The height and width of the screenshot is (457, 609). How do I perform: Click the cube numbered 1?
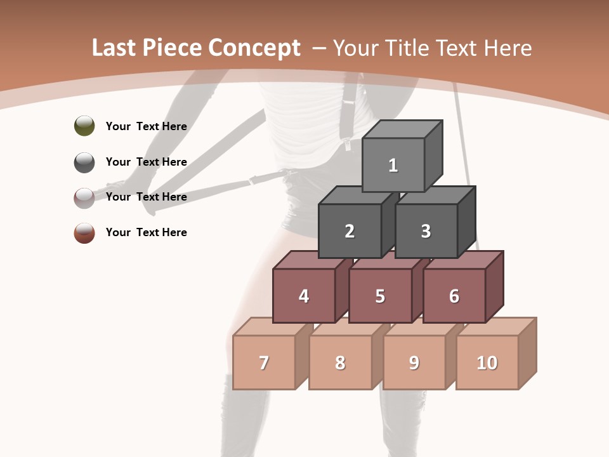click(393, 165)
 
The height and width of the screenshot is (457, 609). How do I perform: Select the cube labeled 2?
click(350, 231)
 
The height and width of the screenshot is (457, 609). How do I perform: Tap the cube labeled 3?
click(426, 231)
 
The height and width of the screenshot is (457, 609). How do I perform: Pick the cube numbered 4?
click(304, 296)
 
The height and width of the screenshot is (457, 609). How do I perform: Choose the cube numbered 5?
click(380, 296)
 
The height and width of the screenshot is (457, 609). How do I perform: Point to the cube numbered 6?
click(454, 296)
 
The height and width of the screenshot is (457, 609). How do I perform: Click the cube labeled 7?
click(264, 362)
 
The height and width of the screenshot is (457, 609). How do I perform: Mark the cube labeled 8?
click(340, 362)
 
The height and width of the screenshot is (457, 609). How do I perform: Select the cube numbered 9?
click(414, 362)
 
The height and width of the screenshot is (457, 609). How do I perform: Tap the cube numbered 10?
click(487, 362)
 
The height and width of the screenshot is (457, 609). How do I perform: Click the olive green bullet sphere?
click(84, 126)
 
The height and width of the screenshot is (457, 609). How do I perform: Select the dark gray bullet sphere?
click(84, 162)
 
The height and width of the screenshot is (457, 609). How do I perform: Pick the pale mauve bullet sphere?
click(84, 197)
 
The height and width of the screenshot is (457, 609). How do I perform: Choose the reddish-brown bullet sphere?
click(84, 232)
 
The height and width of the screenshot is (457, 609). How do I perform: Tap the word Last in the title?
click(114, 48)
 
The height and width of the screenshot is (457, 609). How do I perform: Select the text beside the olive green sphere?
click(147, 126)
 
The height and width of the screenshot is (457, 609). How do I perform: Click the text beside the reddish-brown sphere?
click(147, 232)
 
